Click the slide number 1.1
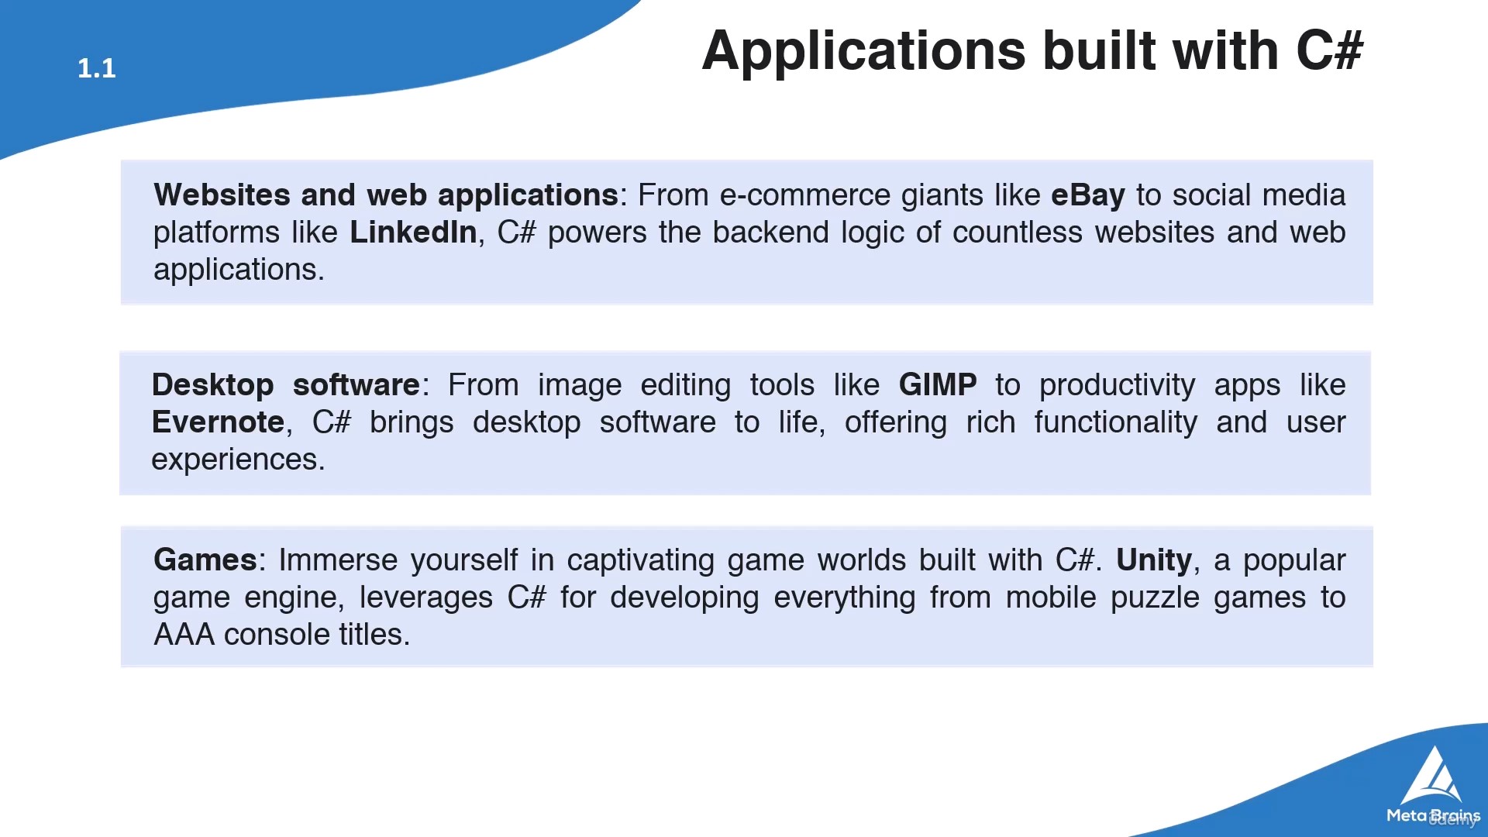[97, 68]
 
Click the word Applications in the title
[864, 51]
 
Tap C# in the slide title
[1330, 50]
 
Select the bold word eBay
[1087, 195]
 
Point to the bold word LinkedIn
[413, 232]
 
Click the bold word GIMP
[938, 384]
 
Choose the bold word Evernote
[219, 422]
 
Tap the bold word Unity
[1154, 560]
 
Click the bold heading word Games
[205, 560]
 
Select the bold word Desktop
[213, 385]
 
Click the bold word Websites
[222, 195]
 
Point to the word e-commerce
[805, 195]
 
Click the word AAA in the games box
[184, 635]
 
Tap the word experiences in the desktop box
[238, 460]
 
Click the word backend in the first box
[771, 232]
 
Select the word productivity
[1118, 385]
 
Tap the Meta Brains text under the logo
[1434, 815]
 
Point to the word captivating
[640, 560]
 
